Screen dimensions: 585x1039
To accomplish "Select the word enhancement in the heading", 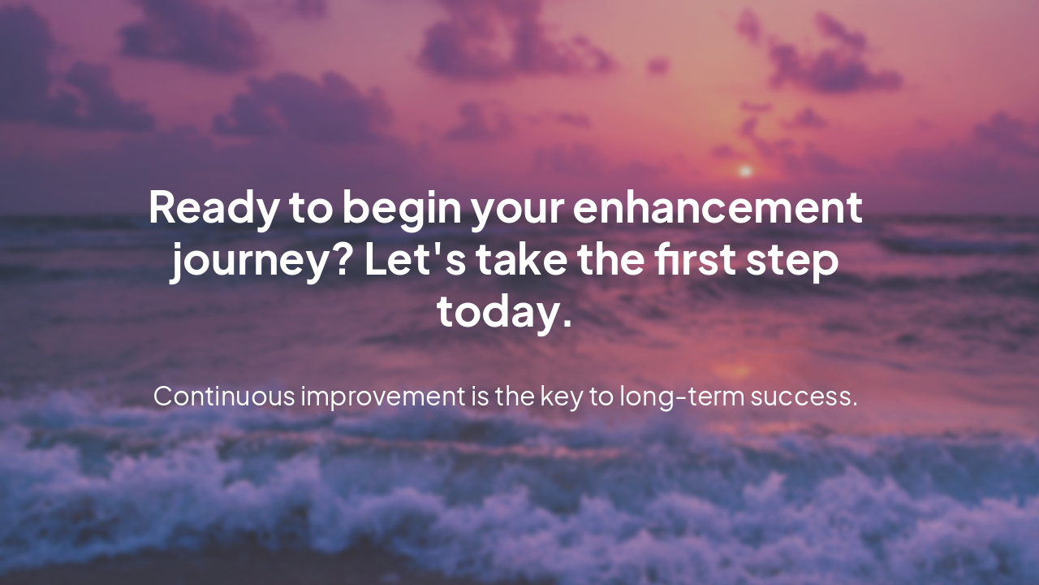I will click(718, 208).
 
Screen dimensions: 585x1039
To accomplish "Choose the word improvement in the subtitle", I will click(382, 397).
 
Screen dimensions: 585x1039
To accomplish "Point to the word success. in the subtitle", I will click(804, 397).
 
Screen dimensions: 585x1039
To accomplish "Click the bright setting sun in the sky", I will click(744, 171).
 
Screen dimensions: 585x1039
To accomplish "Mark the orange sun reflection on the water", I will click(734, 370).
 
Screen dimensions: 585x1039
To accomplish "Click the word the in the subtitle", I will click(512, 396).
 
